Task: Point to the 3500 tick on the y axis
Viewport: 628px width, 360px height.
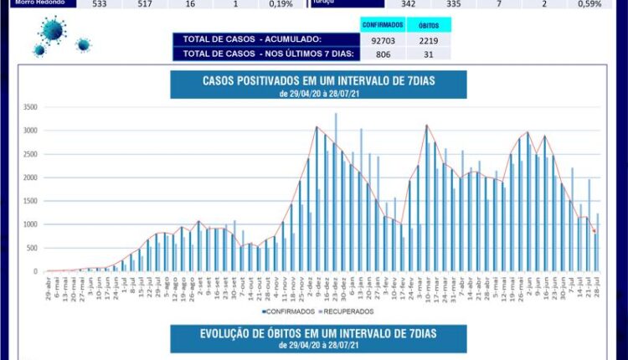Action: coord(30,107)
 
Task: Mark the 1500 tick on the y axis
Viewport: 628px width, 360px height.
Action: coord(30,201)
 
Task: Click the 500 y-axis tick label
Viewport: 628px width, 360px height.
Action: coord(32,248)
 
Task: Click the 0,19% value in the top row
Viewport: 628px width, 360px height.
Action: coord(281,4)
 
